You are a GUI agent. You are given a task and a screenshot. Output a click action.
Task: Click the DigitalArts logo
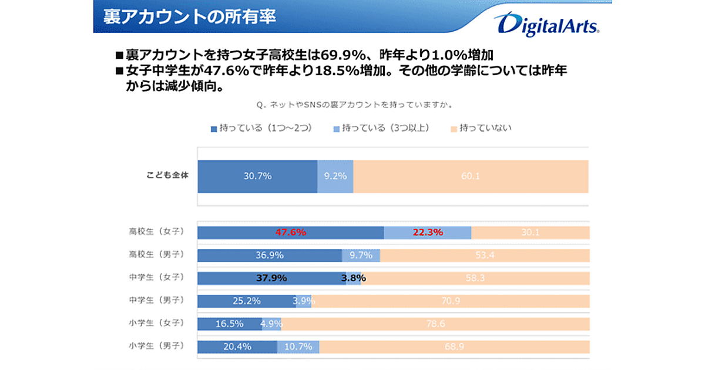point(546,25)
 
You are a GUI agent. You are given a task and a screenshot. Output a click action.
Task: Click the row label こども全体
point(167,175)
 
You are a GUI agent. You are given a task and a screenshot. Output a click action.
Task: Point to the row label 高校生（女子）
point(157,231)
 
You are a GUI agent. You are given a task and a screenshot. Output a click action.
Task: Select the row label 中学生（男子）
point(157,300)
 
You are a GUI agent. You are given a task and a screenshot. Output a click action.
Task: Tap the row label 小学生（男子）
point(157,346)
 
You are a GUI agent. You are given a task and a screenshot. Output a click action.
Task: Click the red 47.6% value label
point(291,232)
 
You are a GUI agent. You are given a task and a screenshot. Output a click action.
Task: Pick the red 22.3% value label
point(428,232)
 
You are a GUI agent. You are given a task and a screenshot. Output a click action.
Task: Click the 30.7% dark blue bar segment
point(257,176)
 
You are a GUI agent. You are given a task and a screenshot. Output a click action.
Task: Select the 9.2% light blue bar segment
point(335,176)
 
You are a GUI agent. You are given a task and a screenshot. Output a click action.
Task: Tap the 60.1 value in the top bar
point(471,176)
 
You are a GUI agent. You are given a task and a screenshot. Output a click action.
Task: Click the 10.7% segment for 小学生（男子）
point(298,347)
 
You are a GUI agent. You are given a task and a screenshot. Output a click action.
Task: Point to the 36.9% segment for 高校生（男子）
point(270,255)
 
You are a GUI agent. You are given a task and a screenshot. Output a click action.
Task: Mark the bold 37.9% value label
point(271,278)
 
